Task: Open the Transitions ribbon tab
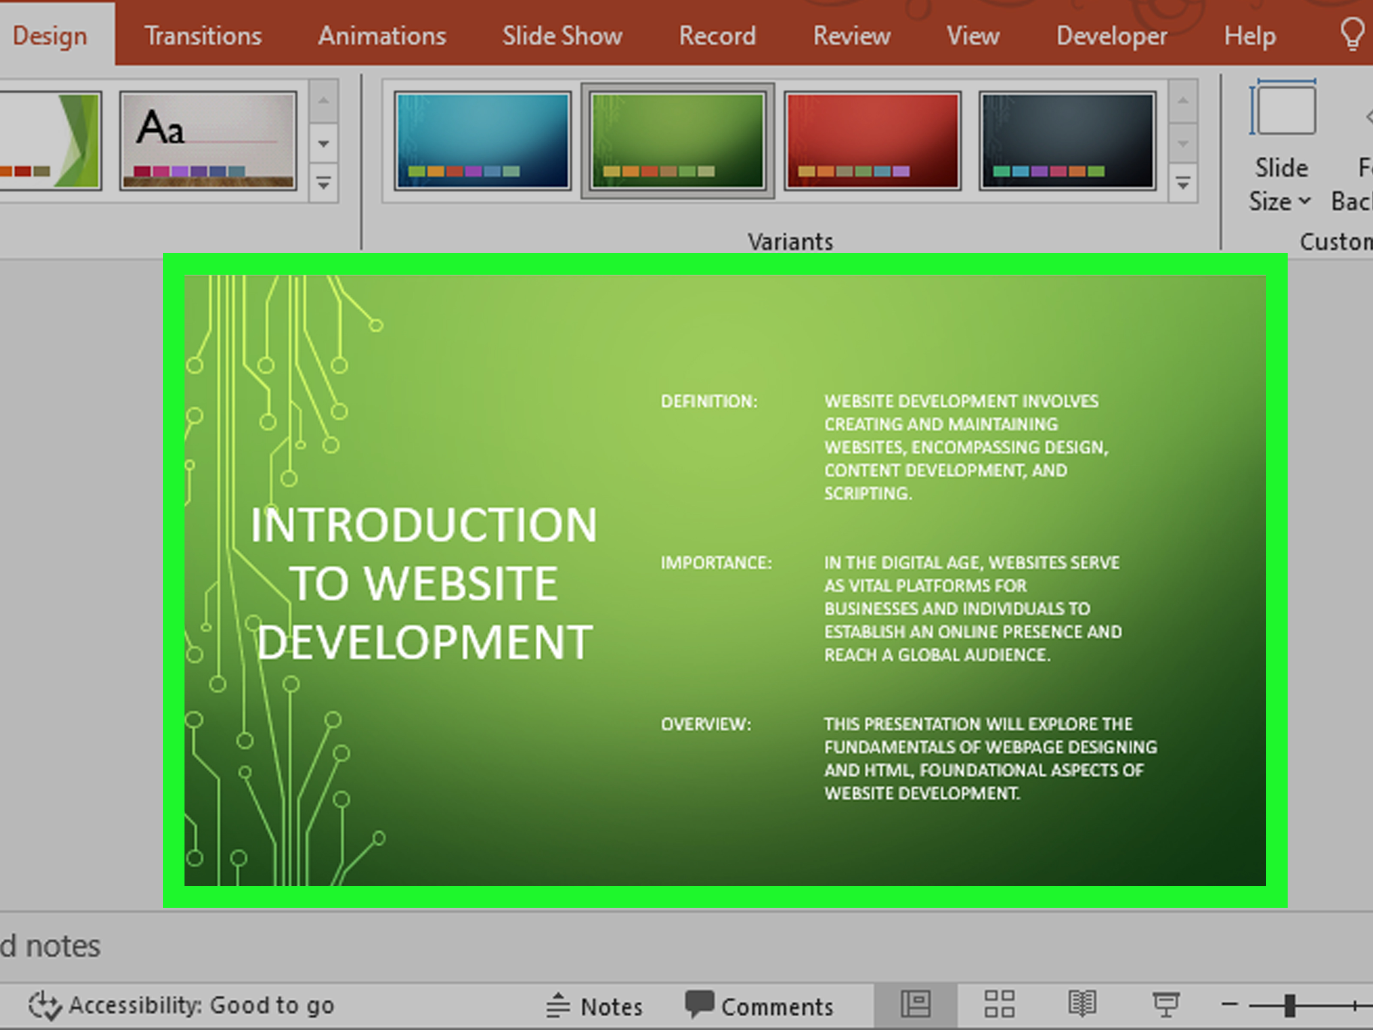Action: (203, 36)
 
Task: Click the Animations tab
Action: (382, 36)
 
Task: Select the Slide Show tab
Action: (562, 36)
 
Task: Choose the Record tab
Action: (717, 36)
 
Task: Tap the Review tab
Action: (852, 36)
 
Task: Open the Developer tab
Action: (1111, 36)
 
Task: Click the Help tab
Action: (1249, 36)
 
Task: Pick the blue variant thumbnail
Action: (482, 140)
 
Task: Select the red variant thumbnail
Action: (872, 140)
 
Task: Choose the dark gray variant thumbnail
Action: (1067, 140)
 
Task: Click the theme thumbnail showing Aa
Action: (208, 140)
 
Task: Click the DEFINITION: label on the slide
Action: (709, 402)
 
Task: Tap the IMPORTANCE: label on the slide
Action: (716, 563)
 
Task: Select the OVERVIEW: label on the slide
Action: (706, 724)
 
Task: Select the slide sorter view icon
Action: (999, 1004)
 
